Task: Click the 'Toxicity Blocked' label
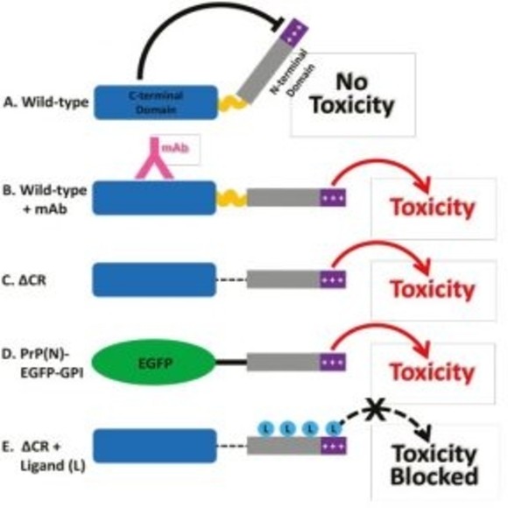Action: (x=434, y=466)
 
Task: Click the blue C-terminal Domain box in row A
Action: (x=155, y=103)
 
